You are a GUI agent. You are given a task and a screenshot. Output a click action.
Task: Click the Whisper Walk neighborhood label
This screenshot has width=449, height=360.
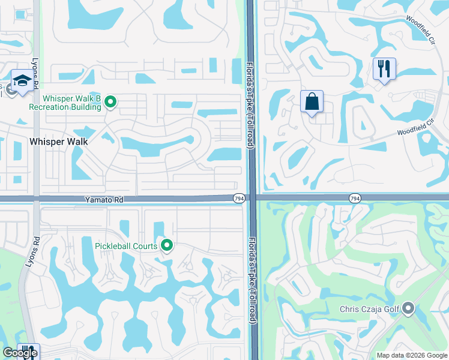(59, 142)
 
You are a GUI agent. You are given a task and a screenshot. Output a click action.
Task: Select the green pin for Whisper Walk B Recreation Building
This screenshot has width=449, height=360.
(110, 103)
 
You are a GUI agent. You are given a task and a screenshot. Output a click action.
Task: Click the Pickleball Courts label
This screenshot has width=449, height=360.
(126, 245)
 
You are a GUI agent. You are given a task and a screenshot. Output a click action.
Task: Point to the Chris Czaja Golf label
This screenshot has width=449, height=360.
(368, 310)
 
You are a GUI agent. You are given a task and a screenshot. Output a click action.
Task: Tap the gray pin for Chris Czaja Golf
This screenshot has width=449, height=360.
(409, 309)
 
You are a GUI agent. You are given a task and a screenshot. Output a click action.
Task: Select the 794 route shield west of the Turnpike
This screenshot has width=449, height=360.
(238, 197)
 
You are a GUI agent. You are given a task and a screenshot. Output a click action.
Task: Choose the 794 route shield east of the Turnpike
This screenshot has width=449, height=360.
(354, 197)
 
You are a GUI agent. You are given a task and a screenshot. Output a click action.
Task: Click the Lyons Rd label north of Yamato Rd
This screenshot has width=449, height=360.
(37, 76)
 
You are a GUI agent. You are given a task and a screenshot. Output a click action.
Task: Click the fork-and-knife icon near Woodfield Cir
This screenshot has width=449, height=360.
(384, 68)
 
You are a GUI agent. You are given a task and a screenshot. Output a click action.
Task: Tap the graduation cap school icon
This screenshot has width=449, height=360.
(22, 81)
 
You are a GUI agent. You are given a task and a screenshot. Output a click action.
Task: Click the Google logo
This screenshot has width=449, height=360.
(19, 353)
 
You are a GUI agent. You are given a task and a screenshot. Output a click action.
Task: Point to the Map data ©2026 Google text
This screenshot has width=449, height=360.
(411, 355)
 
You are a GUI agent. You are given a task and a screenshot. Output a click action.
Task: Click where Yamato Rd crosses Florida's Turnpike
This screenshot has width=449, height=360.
(252, 198)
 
